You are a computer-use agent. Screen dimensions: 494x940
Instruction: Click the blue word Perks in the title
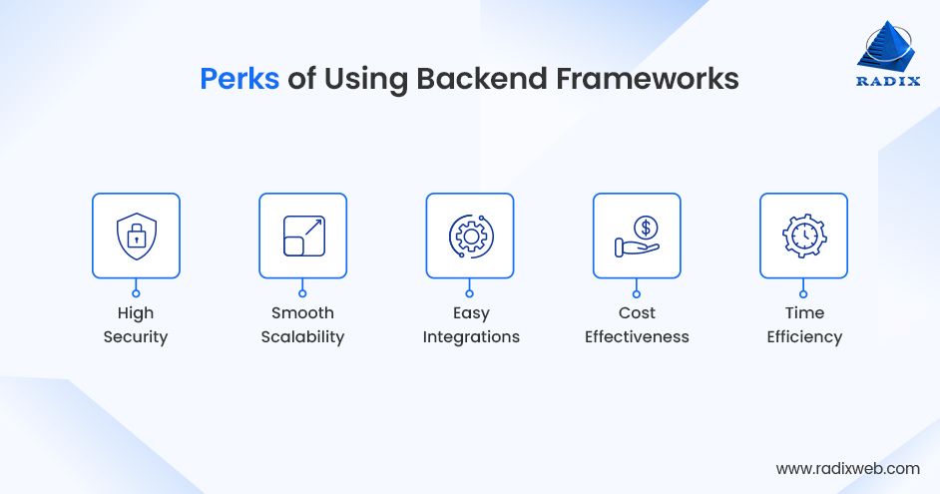click(239, 79)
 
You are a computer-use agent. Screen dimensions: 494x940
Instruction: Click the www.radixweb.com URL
click(847, 467)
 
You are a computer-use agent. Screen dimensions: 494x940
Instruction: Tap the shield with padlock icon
click(136, 236)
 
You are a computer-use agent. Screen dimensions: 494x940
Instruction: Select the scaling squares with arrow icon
click(302, 236)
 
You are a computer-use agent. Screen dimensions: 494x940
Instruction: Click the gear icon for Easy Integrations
click(470, 236)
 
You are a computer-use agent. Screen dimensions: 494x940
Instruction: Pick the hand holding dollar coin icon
click(637, 236)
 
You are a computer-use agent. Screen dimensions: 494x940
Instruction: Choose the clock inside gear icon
click(803, 236)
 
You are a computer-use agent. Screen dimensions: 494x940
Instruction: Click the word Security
click(136, 337)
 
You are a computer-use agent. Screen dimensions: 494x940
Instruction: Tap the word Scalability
click(302, 337)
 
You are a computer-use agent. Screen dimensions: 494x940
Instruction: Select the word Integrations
click(471, 337)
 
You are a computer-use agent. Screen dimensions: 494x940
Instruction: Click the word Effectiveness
click(637, 337)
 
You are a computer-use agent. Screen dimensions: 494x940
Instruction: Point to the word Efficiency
click(804, 337)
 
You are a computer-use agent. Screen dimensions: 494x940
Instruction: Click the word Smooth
click(302, 313)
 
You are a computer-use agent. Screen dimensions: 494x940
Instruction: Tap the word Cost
click(637, 313)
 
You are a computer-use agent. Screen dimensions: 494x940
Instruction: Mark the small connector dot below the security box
click(136, 292)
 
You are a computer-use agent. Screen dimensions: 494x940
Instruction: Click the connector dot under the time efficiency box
click(803, 292)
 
